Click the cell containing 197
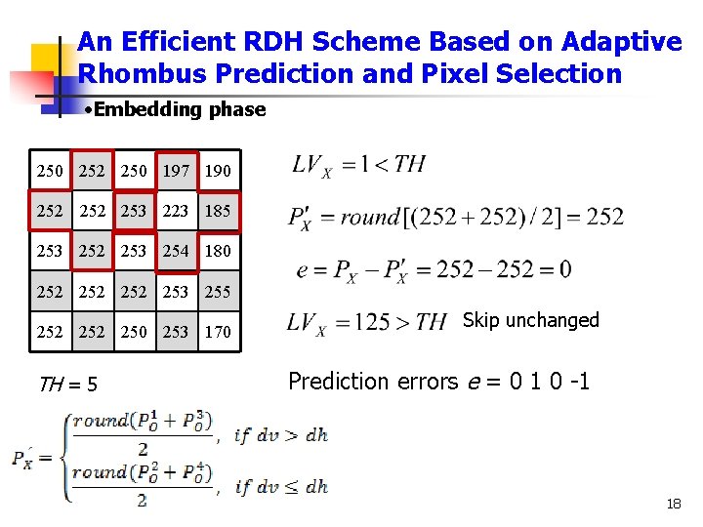click(176, 171)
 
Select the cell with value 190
click(219, 171)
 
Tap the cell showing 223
click(176, 211)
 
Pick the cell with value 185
click(219, 211)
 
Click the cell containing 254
click(176, 251)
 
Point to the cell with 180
click(219, 251)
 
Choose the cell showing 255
click(219, 291)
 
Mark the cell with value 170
click(219, 332)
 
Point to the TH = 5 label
click(67, 385)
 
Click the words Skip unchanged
click(530, 320)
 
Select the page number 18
click(673, 504)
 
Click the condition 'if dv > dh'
click(281, 436)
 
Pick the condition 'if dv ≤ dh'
click(281, 486)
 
